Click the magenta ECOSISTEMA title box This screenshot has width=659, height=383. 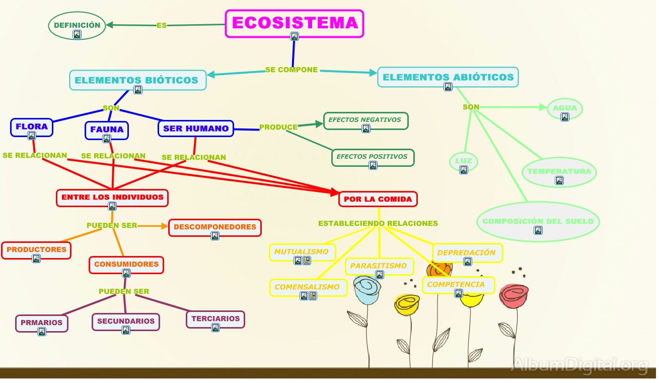point(295,23)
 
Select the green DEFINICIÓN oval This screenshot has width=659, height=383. point(77,26)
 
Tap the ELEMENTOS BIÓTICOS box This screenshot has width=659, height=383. point(137,80)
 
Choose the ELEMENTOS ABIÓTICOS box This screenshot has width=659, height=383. point(448,78)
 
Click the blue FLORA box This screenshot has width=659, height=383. point(32,127)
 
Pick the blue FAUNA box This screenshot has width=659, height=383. point(107,130)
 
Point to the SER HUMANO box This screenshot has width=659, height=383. point(196,129)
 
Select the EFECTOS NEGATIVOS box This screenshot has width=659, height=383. point(365,121)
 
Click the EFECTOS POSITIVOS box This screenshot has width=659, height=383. point(373,158)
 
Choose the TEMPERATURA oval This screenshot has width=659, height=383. point(559,172)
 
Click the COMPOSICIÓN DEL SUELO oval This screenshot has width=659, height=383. point(538,222)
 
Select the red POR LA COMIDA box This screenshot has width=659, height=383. point(378,199)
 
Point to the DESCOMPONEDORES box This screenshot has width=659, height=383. point(215,228)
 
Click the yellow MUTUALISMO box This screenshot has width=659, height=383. point(302,252)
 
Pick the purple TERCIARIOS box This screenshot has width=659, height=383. point(215,320)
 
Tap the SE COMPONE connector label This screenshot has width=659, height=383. point(291,70)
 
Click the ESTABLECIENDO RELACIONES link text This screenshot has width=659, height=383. point(378,223)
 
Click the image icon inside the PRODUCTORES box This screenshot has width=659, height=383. point(36,259)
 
